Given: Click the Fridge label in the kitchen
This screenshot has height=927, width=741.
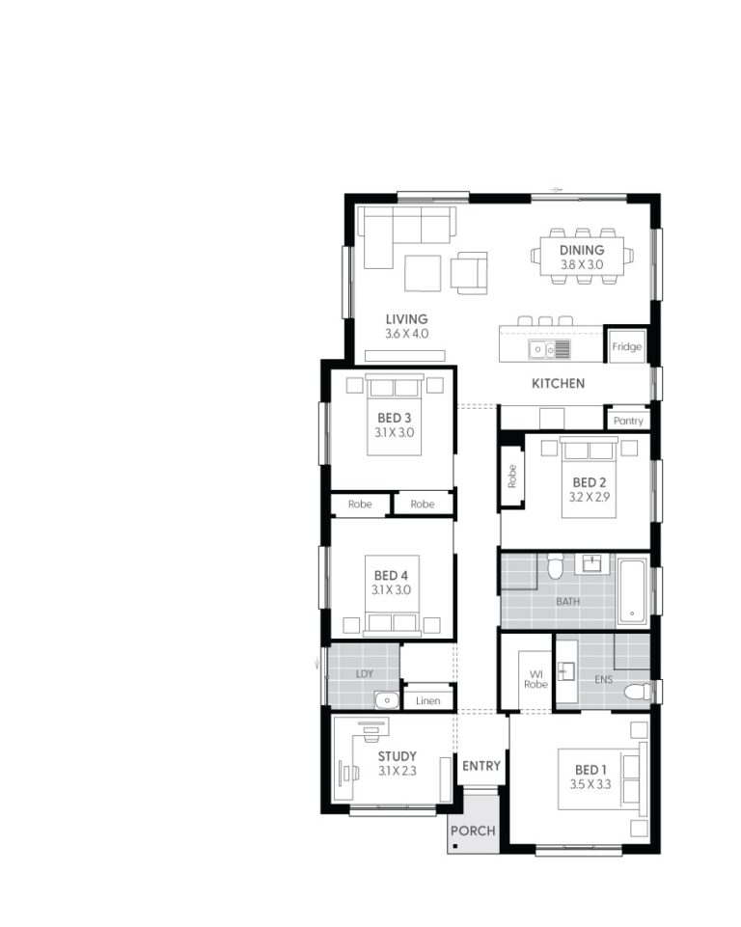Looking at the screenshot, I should [626, 347].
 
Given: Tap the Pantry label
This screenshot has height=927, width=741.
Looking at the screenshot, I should [628, 422].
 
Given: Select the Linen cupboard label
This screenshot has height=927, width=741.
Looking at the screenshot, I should [427, 700].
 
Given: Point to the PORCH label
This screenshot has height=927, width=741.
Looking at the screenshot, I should [474, 831].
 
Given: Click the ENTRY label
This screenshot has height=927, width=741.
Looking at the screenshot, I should [481, 766].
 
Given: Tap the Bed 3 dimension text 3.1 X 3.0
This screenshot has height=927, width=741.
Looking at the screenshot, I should [394, 433].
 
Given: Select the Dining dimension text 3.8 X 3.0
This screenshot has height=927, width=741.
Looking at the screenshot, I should [582, 264].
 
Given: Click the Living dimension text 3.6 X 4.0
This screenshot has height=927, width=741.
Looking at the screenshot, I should [406, 334].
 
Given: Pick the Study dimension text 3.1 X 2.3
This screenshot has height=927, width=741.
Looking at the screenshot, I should [397, 771].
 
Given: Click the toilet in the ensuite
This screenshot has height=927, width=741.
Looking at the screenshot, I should [637, 691].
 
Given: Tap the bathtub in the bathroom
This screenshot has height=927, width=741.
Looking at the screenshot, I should [632, 589].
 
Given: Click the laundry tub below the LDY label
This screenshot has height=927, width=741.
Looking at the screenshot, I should [387, 700].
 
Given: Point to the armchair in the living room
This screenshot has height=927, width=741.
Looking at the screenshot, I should [470, 272].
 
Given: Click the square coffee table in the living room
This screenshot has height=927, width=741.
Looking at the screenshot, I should [422, 272].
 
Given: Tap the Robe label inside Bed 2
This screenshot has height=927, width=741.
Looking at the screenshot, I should [512, 476].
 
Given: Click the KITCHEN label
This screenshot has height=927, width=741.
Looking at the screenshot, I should [558, 384].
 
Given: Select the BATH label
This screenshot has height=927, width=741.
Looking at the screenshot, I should [568, 601].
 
